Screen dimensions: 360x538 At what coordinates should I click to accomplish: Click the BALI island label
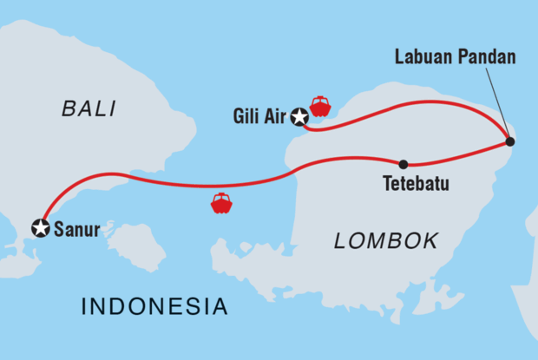pos(89,108)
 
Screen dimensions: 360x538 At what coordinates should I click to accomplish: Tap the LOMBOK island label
pos(386,242)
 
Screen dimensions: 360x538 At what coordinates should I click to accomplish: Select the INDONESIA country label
pos(154,306)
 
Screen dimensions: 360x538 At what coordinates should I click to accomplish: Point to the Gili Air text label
pos(260,116)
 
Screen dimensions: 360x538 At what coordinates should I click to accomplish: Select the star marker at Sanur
pos(40,227)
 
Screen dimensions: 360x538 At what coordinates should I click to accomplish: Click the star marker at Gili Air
pos(299,116)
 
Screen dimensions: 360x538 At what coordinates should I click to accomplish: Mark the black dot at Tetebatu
pos(403,164)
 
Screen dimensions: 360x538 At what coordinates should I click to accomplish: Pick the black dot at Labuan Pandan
pos(510,141)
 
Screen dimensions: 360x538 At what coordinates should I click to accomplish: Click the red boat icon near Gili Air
pos(320,106)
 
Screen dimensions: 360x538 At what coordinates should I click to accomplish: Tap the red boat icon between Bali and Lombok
pos(221,203)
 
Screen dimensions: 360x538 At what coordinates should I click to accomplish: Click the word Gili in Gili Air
pos(247,116)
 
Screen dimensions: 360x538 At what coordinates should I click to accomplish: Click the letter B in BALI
pos(69,108)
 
